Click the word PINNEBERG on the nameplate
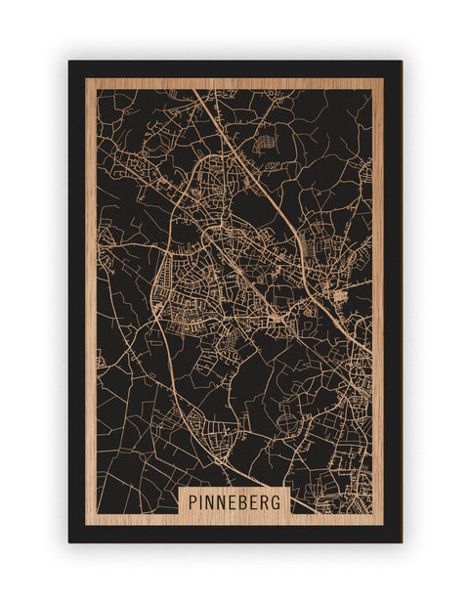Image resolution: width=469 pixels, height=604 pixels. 234,501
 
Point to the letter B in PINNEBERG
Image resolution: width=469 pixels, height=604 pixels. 243,501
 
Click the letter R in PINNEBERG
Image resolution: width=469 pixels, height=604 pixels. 266,501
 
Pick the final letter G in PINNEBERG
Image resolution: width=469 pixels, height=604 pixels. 277,501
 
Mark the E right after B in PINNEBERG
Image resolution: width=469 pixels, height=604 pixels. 255,501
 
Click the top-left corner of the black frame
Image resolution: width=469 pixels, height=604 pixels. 69,62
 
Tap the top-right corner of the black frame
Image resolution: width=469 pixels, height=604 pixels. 401,62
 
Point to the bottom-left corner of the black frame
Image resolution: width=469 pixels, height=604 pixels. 69,541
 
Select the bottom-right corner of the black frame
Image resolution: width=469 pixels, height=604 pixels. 401,541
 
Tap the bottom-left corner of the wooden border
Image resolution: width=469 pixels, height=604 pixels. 86,525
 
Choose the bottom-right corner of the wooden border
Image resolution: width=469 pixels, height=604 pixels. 384,525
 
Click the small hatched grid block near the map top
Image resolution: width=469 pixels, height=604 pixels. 263,145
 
